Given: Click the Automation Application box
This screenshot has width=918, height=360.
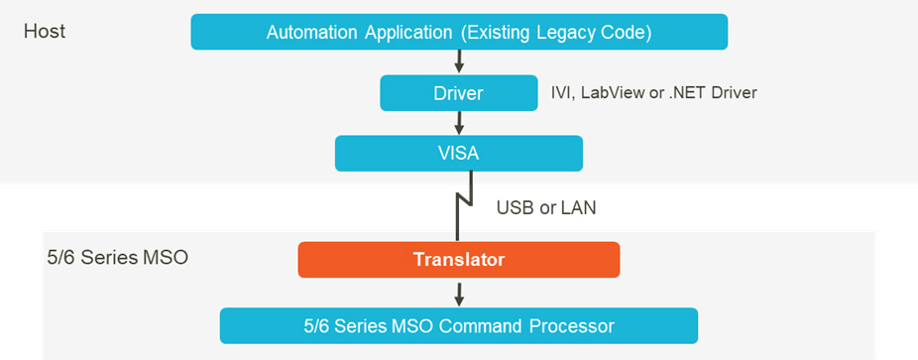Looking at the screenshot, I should [459, 32].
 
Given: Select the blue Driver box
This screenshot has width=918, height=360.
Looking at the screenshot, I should [458, 93].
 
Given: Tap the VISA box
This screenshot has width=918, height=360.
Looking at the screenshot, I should [458, 153].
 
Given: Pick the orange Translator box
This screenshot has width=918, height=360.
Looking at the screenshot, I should [458, 259].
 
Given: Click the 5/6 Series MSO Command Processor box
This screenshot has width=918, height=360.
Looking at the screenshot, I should [458, 324].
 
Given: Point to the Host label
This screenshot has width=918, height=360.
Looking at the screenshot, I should [45, 31].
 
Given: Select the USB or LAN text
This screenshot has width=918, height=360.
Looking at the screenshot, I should [545, 209].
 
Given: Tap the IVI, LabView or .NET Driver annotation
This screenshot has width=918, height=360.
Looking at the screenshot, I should [653, 93].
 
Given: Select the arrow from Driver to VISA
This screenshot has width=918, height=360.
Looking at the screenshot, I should [459, 123].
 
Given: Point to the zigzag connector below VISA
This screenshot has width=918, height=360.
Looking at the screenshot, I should [459, 204].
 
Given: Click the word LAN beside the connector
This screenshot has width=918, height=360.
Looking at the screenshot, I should [577, 209].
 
